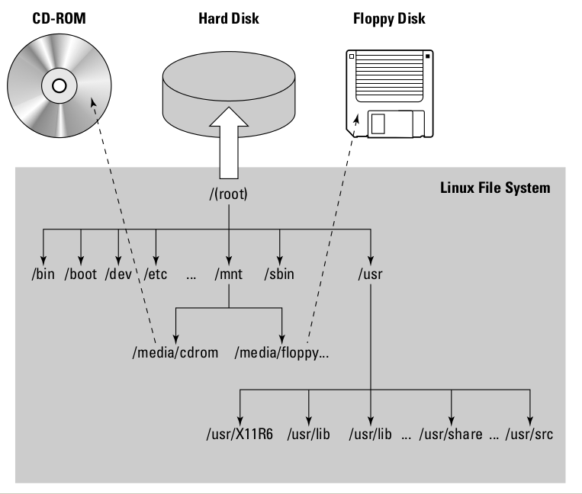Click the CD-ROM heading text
point(58,18)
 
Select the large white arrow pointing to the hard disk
point(228,142)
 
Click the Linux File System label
point(495,188)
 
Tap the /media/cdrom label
point(175,353)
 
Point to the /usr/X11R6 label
point(240,435)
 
